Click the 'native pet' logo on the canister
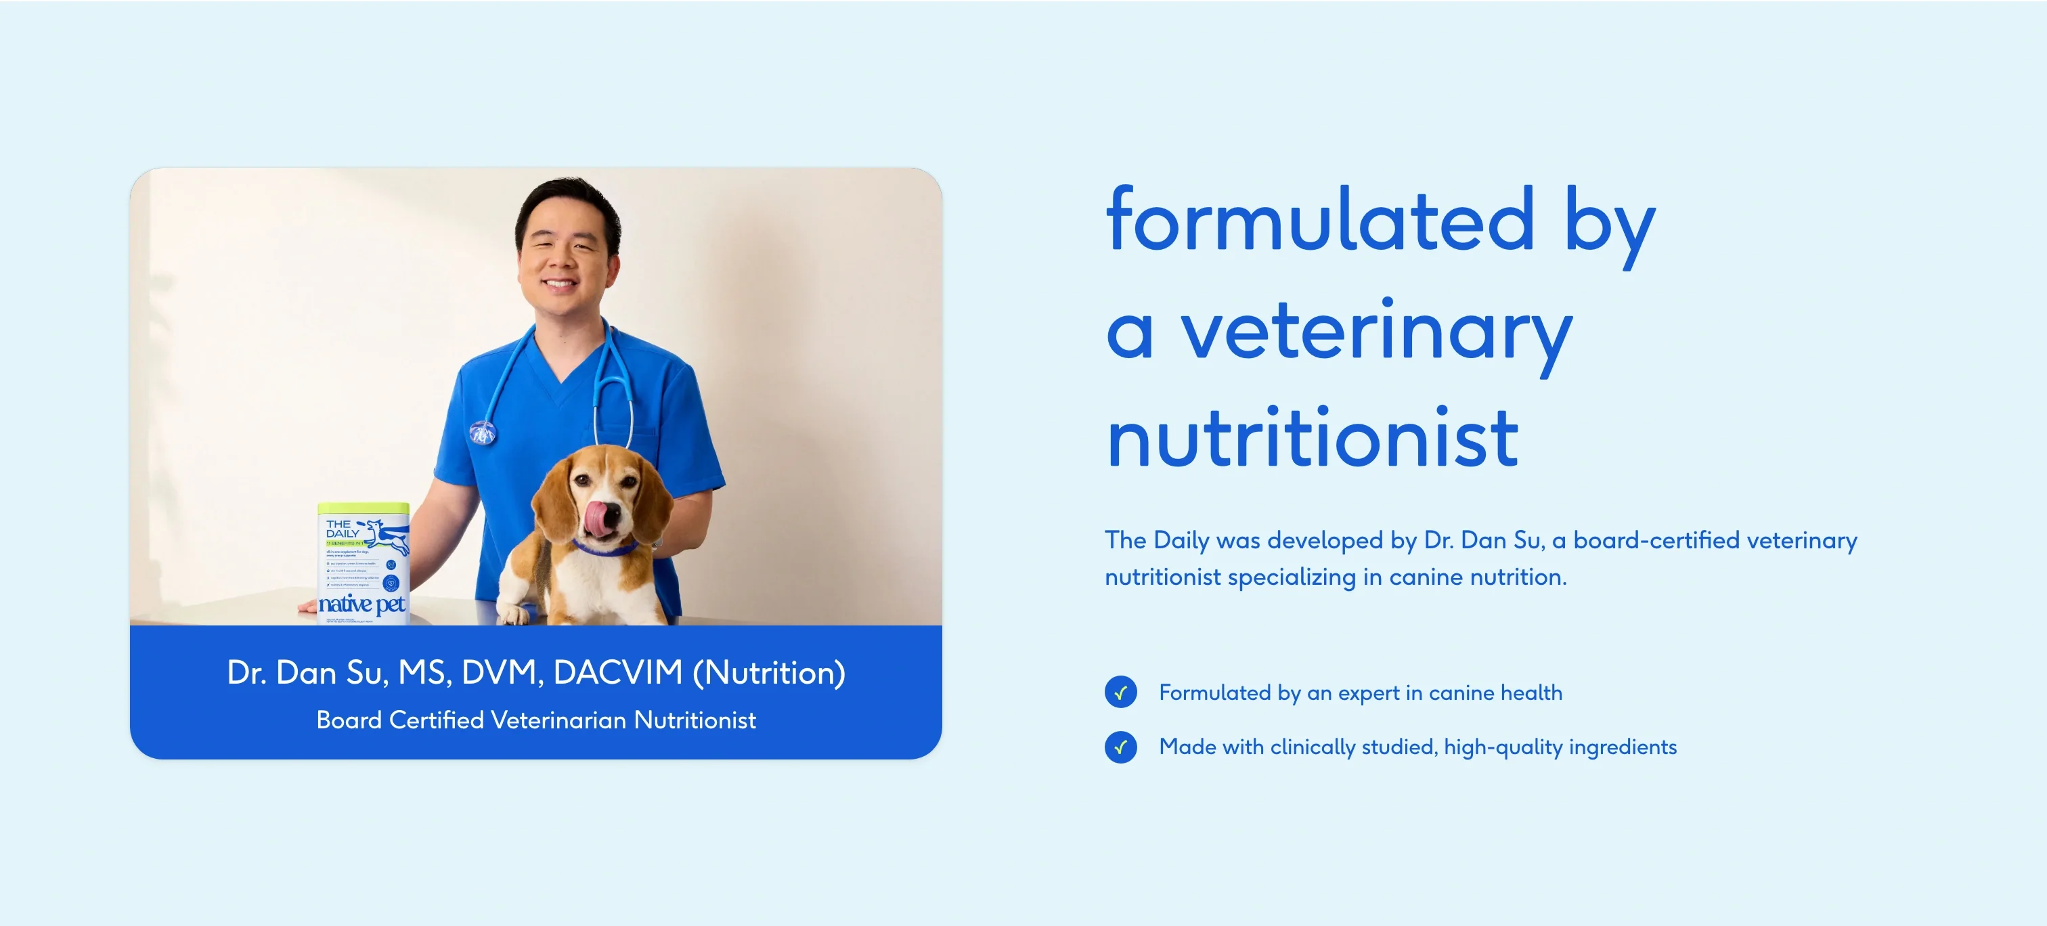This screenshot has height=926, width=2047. (361, 604)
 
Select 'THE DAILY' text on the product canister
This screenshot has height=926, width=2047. (343, 529)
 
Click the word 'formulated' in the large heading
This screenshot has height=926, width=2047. (1320, 220)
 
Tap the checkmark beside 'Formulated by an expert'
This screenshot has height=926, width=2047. (1120, 692)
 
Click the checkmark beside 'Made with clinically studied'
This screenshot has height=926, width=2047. (1120, 747)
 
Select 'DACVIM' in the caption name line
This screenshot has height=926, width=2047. (617, 672)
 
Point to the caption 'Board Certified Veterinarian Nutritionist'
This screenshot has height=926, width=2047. (536, 720)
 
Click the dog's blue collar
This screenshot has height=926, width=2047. (604, 548)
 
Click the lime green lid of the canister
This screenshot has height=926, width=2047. (363, 509)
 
